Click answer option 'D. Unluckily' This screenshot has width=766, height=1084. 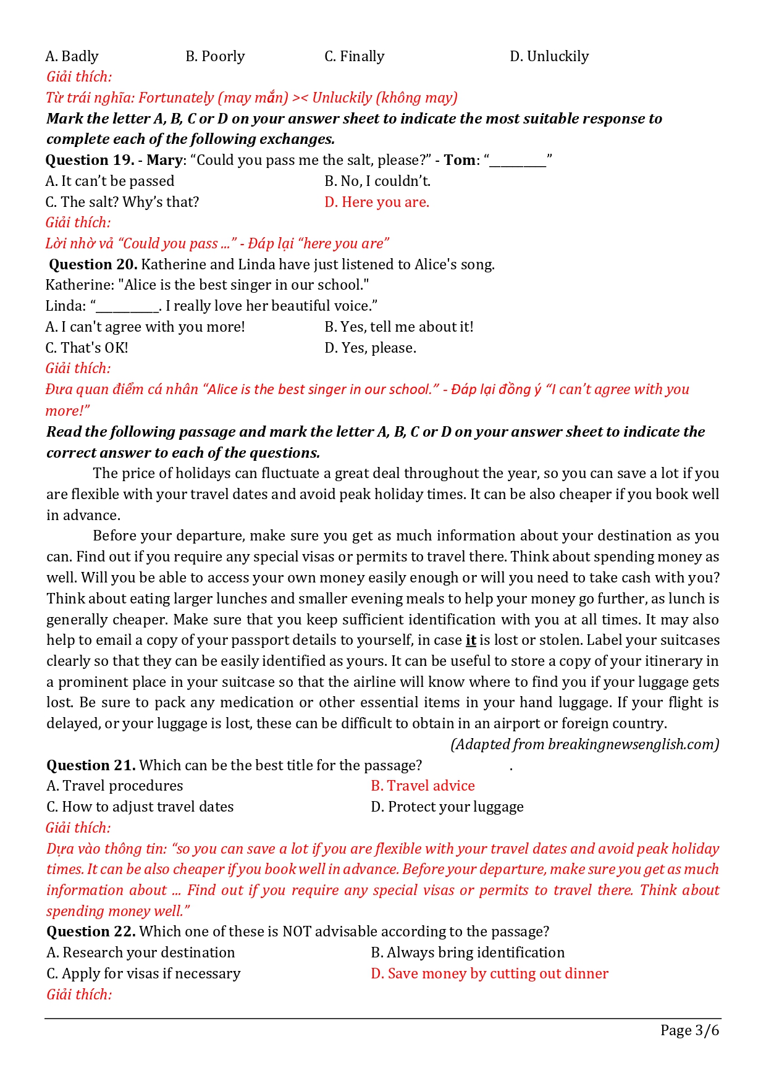coord(549,56)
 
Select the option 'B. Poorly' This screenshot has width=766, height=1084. coord(215,56)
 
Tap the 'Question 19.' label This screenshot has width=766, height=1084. coord(90,160)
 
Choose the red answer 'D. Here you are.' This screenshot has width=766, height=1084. coord(376,202)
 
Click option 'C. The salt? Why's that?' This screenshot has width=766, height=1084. coord(122,202)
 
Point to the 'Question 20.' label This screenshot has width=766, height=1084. coord(93,264)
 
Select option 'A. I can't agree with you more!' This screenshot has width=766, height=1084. coord(145,327)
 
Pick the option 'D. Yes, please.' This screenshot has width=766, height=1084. coord(370,348)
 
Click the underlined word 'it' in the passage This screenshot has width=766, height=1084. coord(471,640)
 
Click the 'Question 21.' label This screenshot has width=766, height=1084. coord(91,765)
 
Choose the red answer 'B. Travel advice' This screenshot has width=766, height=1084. coord(423,786)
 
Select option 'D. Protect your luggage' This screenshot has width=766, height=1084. coord(447,807)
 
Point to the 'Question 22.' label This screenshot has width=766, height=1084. coord(91,931)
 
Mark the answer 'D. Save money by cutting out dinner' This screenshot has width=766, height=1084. coord(489,973)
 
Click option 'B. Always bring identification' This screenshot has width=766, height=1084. coord(468,952)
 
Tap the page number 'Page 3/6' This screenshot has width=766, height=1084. coord(689,1030)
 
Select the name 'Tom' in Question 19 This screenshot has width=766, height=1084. coord(460,160)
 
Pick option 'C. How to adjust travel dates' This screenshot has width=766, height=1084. coord(140,807)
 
